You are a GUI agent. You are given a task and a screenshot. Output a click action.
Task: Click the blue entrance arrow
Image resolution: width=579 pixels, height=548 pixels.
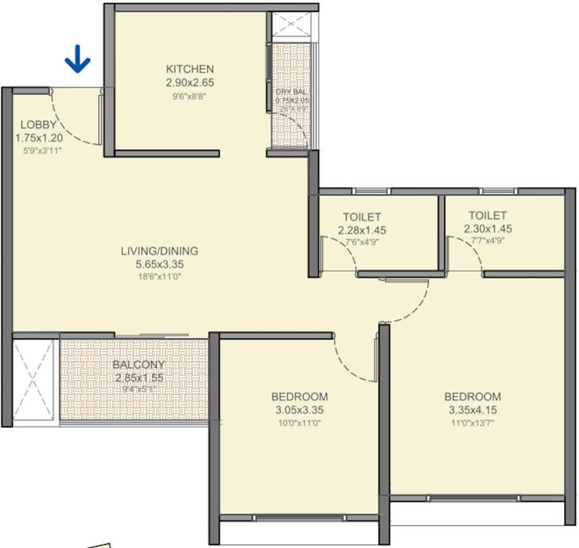[x=77, y=60]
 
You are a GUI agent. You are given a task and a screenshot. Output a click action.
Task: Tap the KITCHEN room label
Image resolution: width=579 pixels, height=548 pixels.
[x=189, y=69]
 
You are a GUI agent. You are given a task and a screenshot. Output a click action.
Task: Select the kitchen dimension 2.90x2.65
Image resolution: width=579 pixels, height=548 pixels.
[x=189, y=82]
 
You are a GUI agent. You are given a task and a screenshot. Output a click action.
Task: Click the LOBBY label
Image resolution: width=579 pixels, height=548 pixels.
[x=38, y=124]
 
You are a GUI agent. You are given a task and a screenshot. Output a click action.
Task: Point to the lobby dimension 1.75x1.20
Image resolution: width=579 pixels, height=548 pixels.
[x=40, y=137]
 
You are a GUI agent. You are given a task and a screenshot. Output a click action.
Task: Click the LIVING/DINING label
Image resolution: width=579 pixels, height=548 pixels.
[x=159, y=251]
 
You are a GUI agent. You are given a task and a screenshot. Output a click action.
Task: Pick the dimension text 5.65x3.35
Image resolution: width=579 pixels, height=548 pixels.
[x=159, y=264]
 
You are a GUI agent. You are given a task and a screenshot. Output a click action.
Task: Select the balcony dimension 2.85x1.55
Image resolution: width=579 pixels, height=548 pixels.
[x=139, y=377]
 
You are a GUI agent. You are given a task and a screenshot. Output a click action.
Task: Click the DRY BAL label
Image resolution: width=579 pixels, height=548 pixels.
[x=291, y=92]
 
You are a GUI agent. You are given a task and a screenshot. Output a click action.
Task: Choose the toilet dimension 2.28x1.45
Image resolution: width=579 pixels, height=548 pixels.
[x=362, y=230]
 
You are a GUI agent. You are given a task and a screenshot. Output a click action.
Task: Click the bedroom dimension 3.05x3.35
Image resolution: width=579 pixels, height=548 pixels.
[x=299, y=410]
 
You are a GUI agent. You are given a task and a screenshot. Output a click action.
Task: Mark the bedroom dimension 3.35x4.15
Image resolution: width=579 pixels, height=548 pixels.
[x=472, y=410]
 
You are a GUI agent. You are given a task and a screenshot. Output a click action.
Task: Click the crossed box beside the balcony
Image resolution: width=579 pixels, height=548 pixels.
[x=34, y=382]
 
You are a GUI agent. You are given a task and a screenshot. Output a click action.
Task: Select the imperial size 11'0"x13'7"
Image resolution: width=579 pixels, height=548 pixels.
[x=472, y=422]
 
